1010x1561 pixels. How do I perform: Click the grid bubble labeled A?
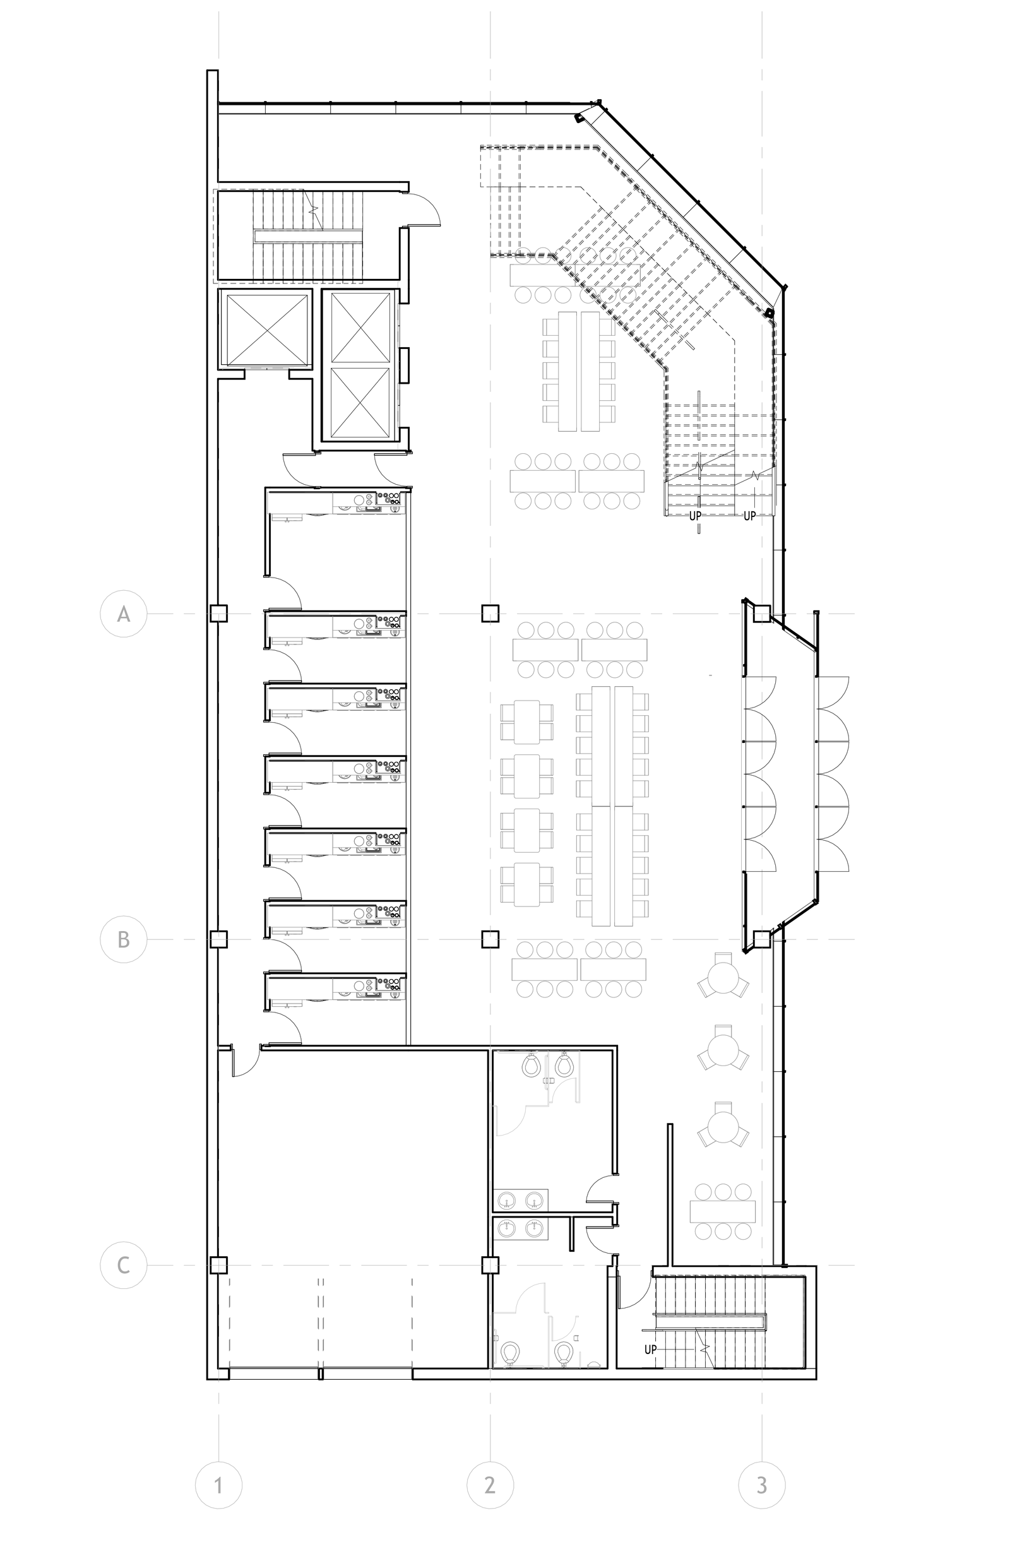pos(123,614)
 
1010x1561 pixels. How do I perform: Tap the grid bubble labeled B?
pos(123,939)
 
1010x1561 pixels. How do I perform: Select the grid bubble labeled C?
pos(123,1265)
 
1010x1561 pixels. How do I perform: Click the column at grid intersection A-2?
pos(490,614)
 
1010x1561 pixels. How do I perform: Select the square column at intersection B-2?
pos(490,939)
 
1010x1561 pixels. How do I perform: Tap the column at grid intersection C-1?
pos(218,1265)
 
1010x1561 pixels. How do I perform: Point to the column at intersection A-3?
pos(761,614)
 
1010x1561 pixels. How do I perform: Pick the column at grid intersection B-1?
pos(218,939)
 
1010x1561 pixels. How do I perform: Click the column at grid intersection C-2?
pos(490,1265)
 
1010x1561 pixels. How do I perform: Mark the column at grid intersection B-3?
pos(761,939)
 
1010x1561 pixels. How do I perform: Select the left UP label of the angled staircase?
pos(695,515)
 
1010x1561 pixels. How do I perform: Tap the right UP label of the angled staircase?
pos(750,515)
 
